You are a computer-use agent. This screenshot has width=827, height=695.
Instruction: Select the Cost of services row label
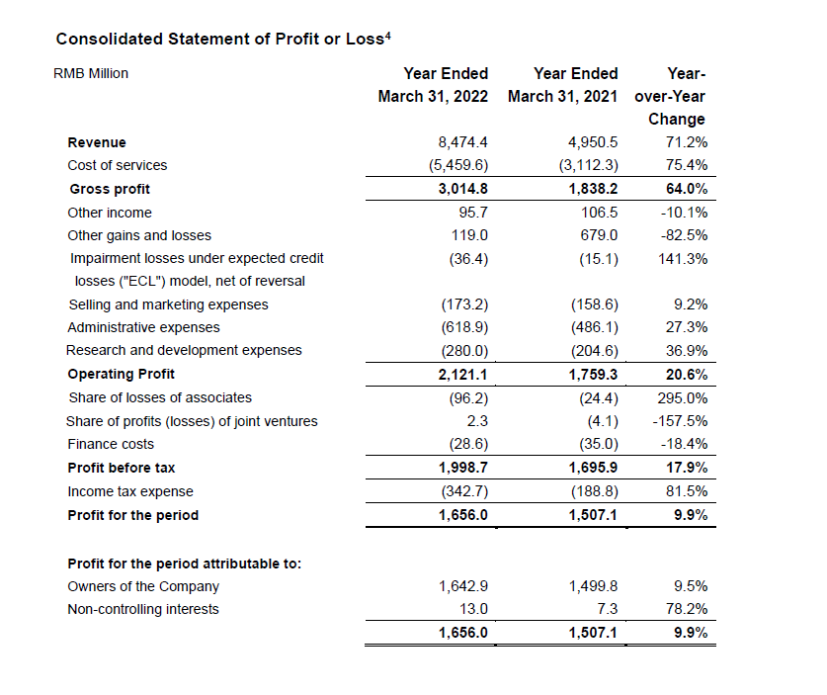[118, 165]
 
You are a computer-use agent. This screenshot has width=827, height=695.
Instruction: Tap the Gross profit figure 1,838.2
[593, 189]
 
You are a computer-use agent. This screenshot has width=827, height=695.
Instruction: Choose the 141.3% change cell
[683, 259]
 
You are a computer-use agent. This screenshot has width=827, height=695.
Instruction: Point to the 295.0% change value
[683, 397]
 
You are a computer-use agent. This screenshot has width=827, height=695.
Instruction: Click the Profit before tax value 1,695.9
[593, 468]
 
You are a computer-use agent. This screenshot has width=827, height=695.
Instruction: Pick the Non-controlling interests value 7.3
[607, 609]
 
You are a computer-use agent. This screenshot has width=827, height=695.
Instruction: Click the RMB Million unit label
[90, 73]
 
